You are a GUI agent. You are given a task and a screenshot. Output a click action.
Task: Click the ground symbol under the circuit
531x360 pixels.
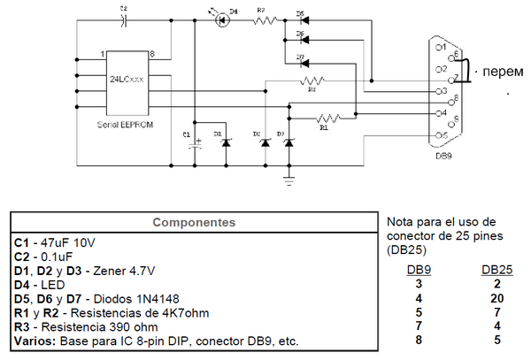(x=289, y=180)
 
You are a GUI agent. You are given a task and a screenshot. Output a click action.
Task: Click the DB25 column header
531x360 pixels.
(x=496, y=269)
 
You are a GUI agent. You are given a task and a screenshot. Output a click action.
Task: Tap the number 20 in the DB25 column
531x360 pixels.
(x=496, y=297)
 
